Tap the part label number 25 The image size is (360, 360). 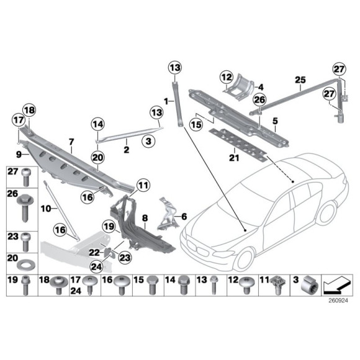click(x=300, y=80)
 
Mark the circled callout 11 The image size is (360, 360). click(x=143, y=184)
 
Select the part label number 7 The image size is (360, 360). click(x=71, y=142)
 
